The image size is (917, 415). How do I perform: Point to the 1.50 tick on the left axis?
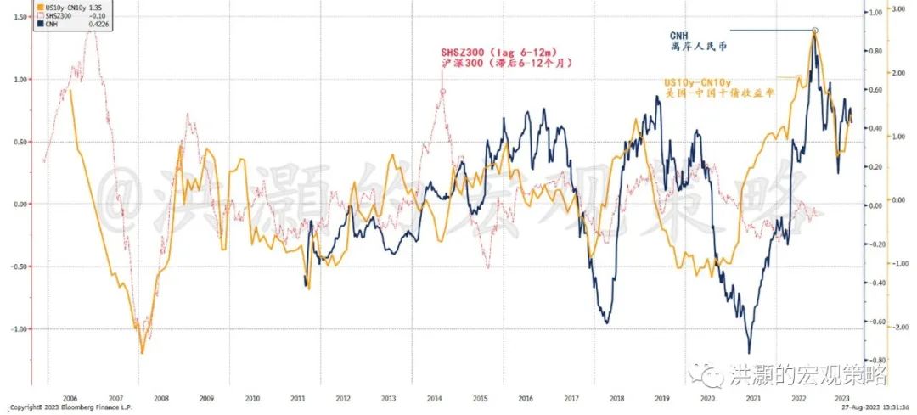pyautogui.click(x=18, y=17)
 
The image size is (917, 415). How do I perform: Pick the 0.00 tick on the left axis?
pyautogui.click(x=18, y=204)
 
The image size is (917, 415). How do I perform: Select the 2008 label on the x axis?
pyautogui.click(x=160, y=396)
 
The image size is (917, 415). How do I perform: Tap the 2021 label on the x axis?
pyautogui.click(x=751, y=396)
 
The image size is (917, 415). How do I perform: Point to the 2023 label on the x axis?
pyautogui.click(x=841, y=396)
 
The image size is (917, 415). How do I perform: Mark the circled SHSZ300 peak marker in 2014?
pyautogui.click(x=443, y=90)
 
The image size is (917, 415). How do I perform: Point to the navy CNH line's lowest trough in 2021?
pyautogui.click(x=749, y=352)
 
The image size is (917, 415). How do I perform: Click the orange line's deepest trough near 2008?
pyautogui.click(x=142, y=352)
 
